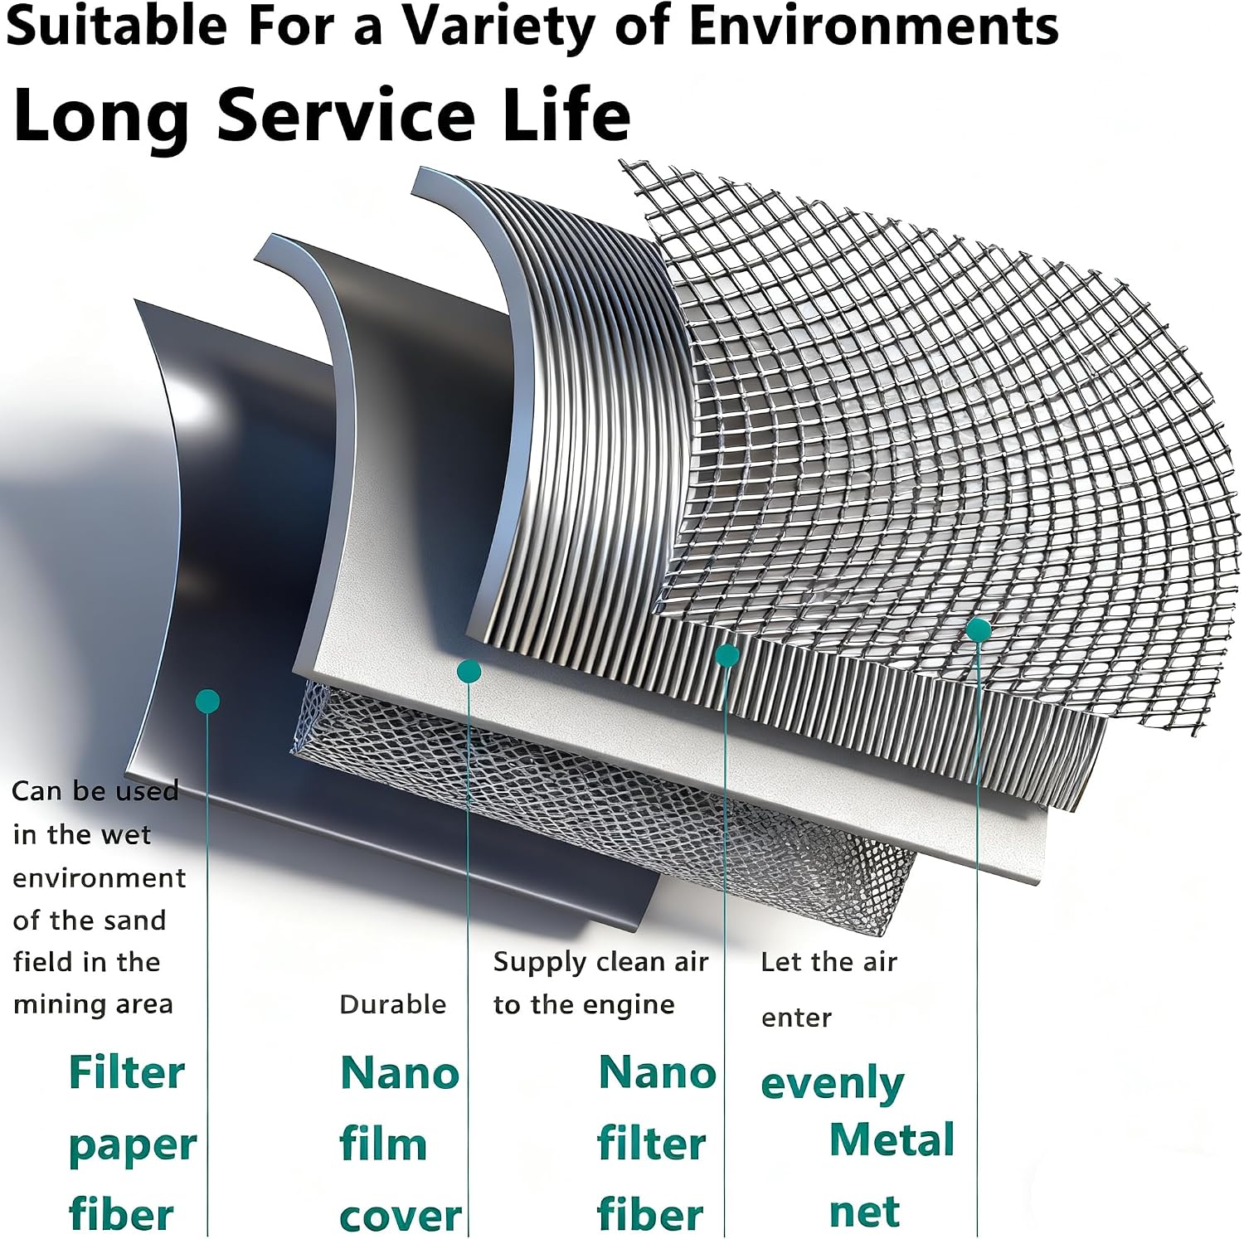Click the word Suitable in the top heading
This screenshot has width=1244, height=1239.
coord(117,25)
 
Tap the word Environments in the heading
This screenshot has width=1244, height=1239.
coord(873,25)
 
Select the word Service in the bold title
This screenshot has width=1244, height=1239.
coord(346,114)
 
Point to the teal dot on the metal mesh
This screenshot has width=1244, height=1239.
coord(979,629)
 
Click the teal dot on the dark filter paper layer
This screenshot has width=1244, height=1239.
coord(207,702)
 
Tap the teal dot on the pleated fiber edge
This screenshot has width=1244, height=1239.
coord(727,655)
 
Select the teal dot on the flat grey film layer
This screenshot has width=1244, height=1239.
coord(469,671)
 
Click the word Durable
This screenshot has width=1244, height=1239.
coord(393,1004)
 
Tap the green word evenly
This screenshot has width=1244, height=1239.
coord(832,1084)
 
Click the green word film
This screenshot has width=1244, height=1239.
coord(383,1144)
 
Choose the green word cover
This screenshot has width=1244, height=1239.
coord(401,1217)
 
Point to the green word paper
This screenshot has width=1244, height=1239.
coord(133,1147)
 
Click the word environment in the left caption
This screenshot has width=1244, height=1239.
coord(100,877)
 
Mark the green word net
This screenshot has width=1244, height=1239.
coord(864,1212)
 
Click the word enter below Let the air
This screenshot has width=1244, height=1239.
coord(796,1018)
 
